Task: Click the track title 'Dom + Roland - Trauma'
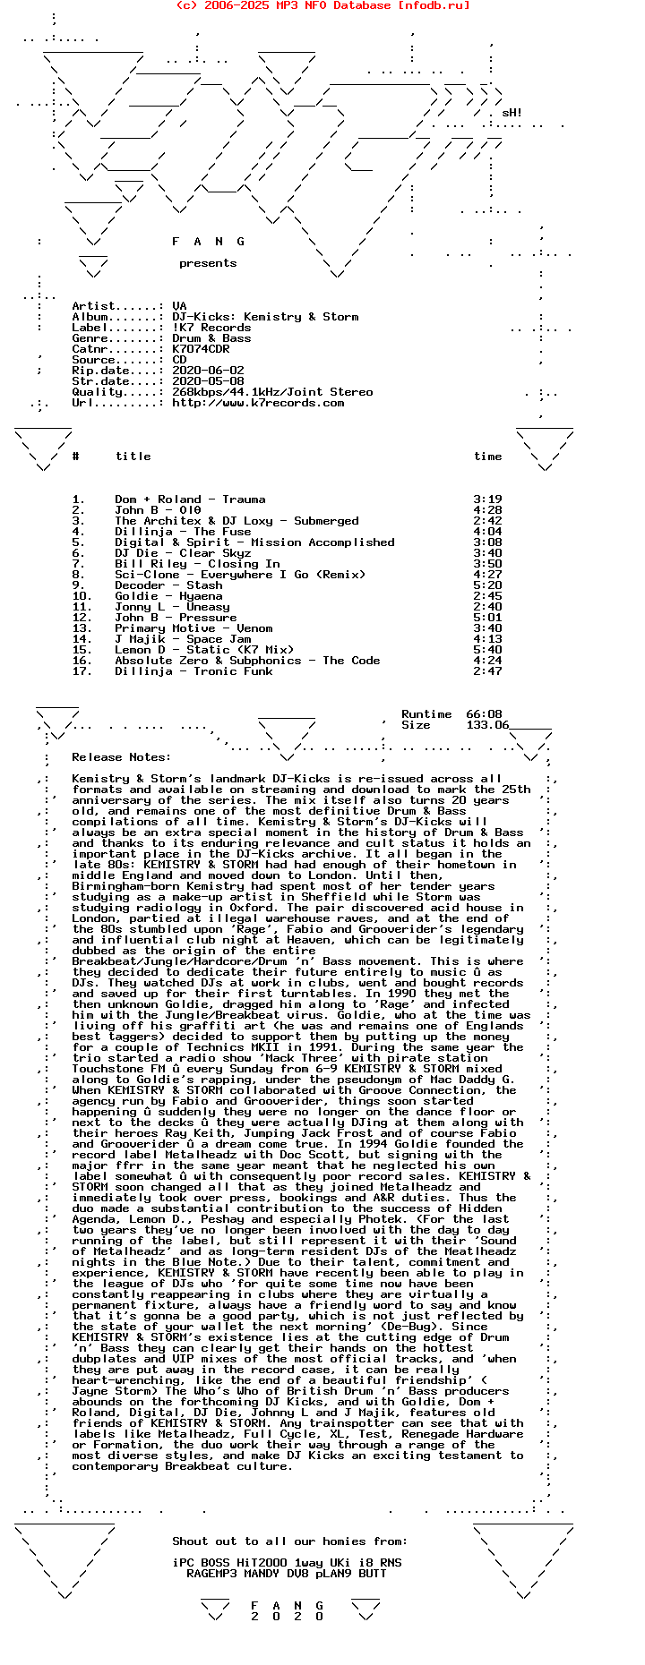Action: point(190,499)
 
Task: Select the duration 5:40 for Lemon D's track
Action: point(487,650)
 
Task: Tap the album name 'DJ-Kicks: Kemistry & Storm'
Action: point(265,317)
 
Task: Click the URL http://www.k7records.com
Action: point(258,403)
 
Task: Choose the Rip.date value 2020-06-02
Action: point(208,371)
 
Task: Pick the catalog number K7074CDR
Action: point(201,349)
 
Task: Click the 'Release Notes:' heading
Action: point(121,757)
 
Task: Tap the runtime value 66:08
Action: point(484,714)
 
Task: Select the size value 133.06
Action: point(487,725)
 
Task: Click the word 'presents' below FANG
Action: point(208,263)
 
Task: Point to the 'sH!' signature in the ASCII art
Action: point(512,114)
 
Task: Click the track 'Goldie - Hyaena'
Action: point(168,596)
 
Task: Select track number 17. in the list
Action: point(82,671)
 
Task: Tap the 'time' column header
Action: point(487,457)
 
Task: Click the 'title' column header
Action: point(133,457)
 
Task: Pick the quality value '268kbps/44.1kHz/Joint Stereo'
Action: point(272,392)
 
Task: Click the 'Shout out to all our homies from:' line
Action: point(289,1541)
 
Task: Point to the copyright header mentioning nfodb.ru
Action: point(322,5)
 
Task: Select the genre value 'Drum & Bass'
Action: point(211,338)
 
